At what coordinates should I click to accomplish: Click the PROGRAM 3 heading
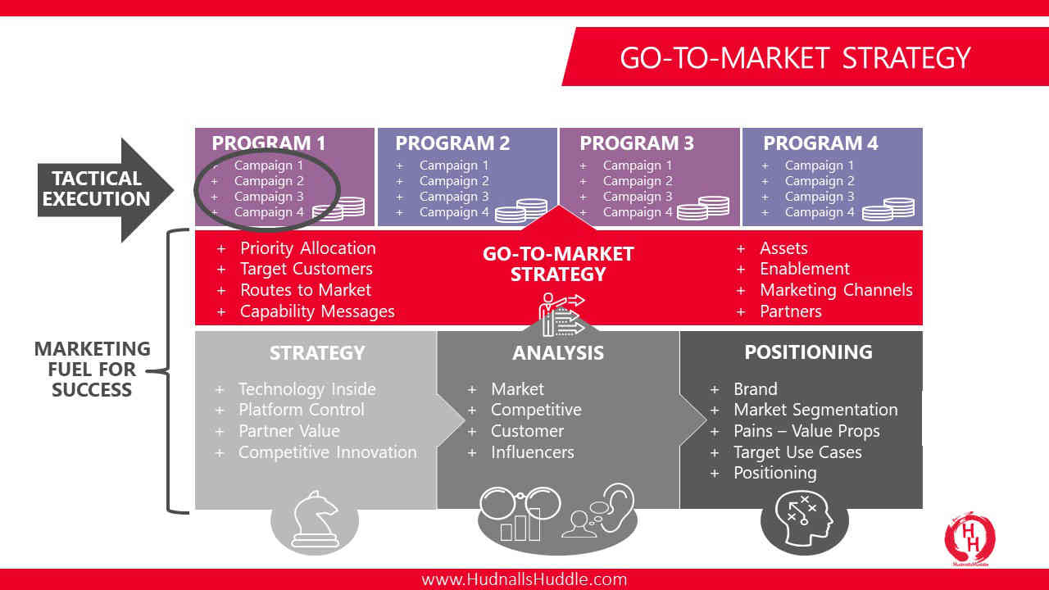637,143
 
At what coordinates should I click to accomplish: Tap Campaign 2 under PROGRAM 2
454,181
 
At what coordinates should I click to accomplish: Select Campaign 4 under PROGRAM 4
820,212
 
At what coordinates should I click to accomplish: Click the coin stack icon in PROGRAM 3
703,208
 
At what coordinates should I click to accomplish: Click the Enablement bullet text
805,269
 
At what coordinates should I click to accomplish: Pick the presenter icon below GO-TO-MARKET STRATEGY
561,314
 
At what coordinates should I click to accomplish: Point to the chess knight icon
315,520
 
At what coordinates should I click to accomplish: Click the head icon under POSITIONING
804,519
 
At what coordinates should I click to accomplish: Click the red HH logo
970,538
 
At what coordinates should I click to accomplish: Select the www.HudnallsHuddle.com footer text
524,579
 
